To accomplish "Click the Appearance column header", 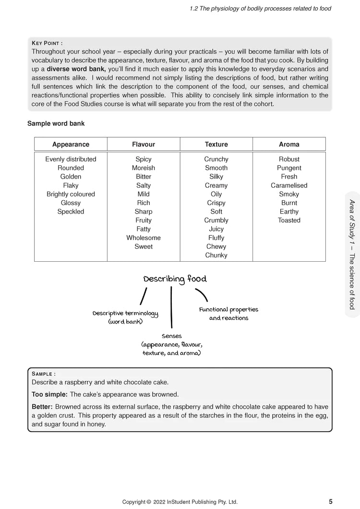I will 71,144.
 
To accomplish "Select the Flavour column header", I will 144,144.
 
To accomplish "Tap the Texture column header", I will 216,144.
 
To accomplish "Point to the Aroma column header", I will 289,144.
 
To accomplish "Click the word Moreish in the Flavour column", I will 144,168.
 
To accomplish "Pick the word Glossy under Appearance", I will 71,203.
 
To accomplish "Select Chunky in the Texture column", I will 216,255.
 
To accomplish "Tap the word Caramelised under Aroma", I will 289,185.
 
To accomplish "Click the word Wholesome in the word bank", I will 144,238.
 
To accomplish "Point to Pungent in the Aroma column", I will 289,168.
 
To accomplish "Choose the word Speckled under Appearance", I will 71,211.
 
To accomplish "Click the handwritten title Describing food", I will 175,279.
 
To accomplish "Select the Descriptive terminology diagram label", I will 125,317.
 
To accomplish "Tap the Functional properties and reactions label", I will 228,314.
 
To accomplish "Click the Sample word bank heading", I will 56,123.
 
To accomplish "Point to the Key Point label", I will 47,43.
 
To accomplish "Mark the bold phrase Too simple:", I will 49,394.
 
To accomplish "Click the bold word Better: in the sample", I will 42,406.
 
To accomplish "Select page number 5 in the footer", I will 331,502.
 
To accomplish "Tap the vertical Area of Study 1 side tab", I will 352,254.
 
